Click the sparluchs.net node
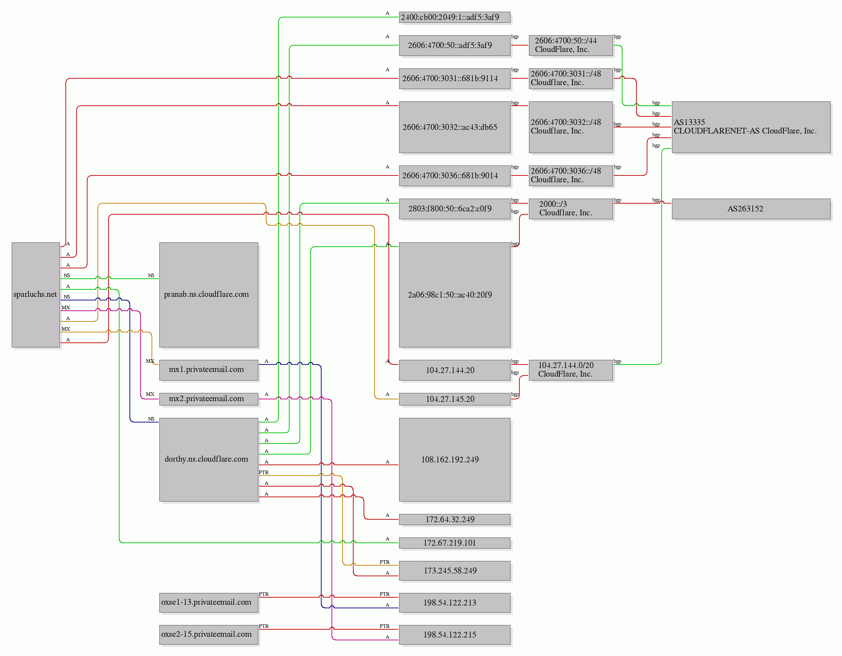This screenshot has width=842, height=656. point(36,295)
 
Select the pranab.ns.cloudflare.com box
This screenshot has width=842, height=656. point(208,295)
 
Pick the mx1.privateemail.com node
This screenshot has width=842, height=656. point(208,370)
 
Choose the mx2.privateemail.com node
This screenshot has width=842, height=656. point(208,399)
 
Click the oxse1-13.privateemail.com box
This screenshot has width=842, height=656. point(208,602)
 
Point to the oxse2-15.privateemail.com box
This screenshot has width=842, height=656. point(208,634)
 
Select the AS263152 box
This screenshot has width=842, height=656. point(751,209)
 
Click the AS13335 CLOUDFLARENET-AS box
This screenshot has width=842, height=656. point(751,127)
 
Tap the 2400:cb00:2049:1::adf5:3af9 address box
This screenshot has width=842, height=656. point(455,17)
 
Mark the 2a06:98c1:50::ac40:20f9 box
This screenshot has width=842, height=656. point(455,295)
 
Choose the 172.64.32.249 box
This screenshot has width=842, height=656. point(455,519)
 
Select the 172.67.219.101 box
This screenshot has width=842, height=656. point(455,543)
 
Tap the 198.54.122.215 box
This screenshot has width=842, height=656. point(455,634)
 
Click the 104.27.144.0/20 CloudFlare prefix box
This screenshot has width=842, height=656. point(571,370)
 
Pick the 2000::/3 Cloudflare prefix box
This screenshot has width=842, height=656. point(571,209)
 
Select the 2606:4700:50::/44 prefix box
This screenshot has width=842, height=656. point(571,46)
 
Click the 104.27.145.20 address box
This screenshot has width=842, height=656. point(455,399)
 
